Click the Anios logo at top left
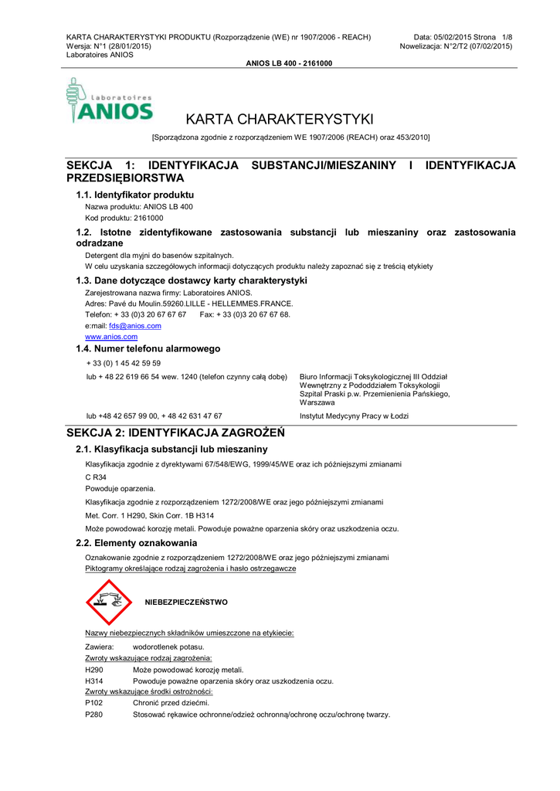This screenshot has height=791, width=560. (110, 101)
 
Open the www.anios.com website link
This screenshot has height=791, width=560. (111, 337)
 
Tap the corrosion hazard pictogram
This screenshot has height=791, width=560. (109, 602)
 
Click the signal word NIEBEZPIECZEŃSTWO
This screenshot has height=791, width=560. (186, 602)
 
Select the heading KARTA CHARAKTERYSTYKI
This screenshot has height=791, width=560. (280, 120)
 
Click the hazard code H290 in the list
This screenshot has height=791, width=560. (94, 670)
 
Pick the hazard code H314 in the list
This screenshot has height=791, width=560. (94, 681)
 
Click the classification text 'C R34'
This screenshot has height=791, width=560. (96, 477)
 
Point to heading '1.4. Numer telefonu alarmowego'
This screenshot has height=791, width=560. (148, 349)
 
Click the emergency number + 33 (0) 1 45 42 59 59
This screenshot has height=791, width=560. (124, 363)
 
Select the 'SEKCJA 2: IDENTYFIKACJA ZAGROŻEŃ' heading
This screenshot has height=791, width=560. (176, 433)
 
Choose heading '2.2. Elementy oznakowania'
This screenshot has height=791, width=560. (136, 543)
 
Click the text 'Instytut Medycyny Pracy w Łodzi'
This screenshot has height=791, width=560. (354, 416)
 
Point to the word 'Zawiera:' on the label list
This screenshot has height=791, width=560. (100, 646)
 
